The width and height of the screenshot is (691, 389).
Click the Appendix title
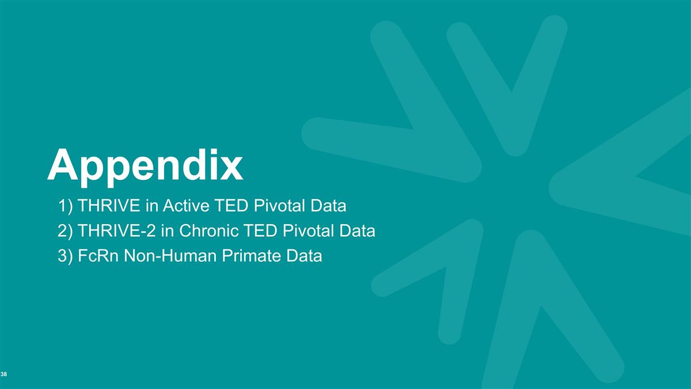point(145,165)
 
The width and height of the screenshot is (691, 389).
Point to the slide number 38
point(4,375)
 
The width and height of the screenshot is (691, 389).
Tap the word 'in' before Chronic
point(166,231)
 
